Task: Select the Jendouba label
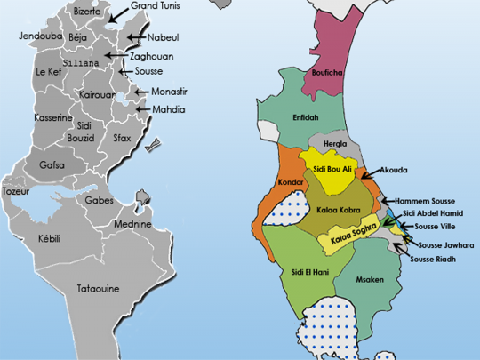(x=40, y=36)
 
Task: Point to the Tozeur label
(x=16, y=191)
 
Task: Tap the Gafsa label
(x=52, y=165)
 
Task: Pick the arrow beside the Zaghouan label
(x=116, y=55)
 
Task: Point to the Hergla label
(x=335, y=143)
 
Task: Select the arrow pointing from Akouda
(x=371, y=173)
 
